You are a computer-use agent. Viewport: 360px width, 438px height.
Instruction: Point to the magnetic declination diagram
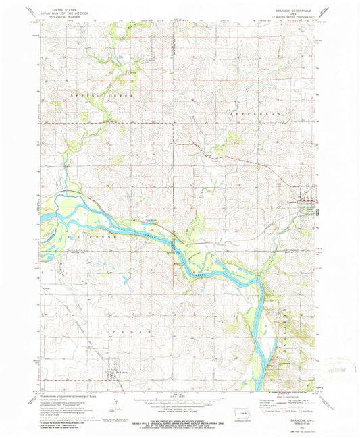click(x=115, y=404)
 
